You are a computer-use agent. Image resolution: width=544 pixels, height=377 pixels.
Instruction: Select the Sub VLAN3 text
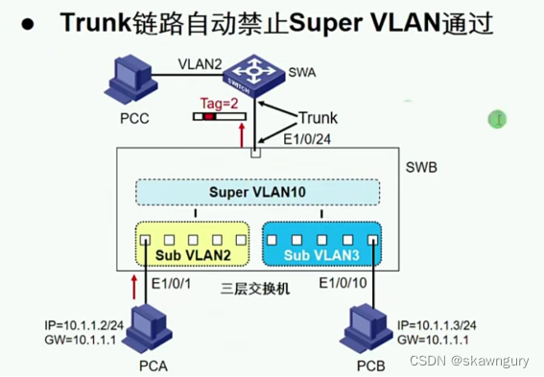click(320, 256)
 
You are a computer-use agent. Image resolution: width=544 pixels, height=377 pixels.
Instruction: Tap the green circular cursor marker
click(497, 119)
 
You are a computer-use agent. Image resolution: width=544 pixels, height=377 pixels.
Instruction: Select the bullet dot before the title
click(33, 24)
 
